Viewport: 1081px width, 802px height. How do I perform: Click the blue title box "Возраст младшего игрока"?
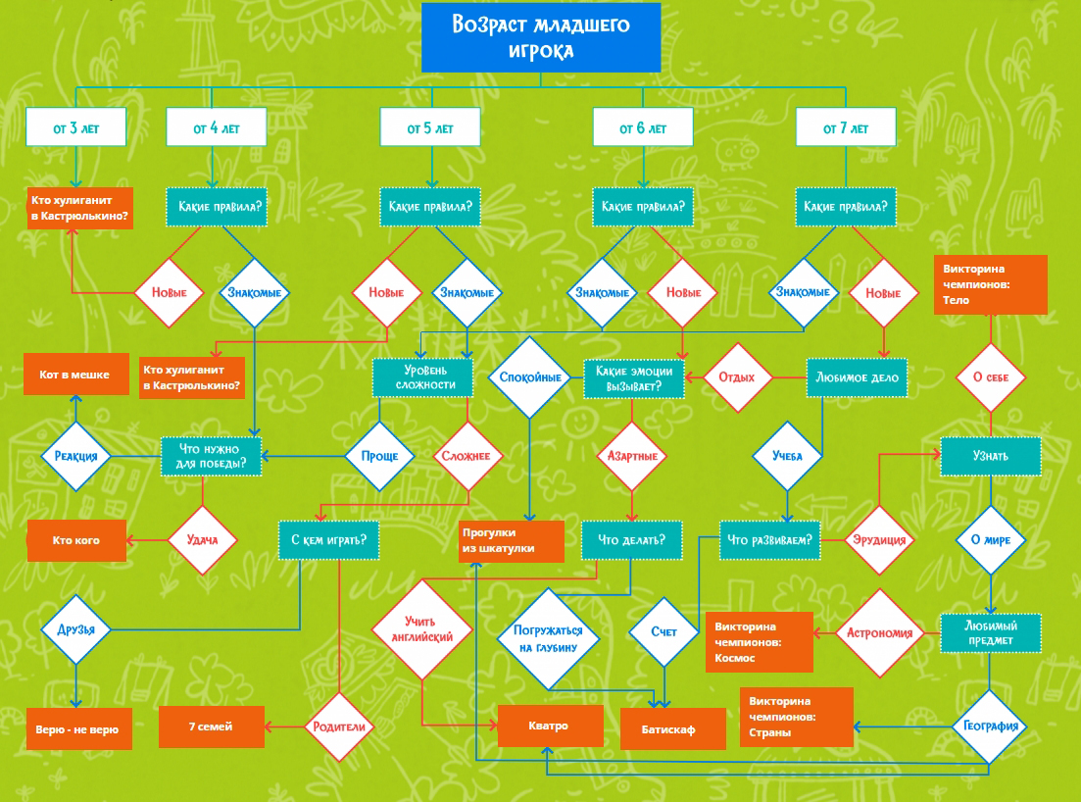point(541,37)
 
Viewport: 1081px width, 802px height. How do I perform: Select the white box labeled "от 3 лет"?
point(76,127)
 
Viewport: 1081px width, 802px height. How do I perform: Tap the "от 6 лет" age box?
point(643,127)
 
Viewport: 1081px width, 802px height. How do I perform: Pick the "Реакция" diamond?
point(75,456)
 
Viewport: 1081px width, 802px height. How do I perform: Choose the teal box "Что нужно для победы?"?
point(212,456)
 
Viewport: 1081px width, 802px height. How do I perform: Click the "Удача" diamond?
point(202,539)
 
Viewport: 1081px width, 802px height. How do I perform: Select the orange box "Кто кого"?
point(76,540)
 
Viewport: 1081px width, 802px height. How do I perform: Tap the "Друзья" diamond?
point(76,628)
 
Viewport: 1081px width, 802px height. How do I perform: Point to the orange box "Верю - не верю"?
point(78,728)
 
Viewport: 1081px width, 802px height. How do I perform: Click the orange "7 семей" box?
point(212,727)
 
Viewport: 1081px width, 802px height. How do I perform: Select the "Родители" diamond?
point(339,727)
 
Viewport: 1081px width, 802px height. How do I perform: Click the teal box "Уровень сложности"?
point(422,377)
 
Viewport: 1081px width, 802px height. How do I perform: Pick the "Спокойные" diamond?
point(530,377)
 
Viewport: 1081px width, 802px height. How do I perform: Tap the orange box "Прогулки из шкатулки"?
point(512,541)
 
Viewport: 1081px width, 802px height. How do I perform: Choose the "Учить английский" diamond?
point(422,628)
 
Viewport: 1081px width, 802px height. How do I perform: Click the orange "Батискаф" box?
point(668,729)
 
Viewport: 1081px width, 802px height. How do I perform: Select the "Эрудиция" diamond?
point(879,540)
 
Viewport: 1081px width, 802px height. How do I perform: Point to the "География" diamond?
point(990,727)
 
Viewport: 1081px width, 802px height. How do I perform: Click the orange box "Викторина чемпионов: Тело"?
point(990,284)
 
